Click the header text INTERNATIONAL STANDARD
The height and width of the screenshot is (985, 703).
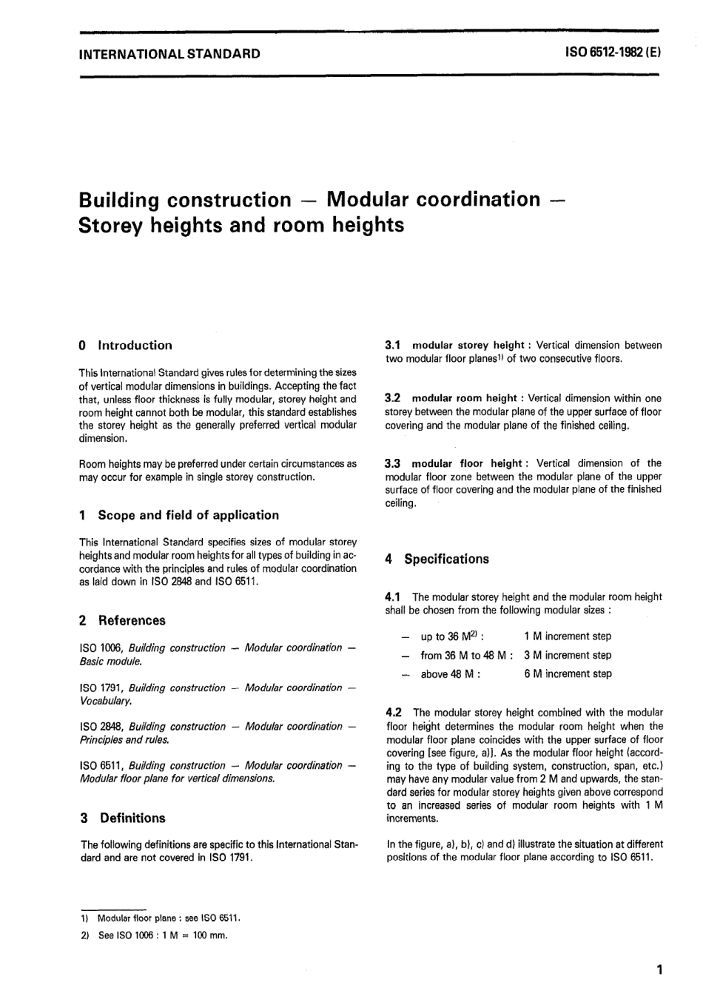tap(169, 53)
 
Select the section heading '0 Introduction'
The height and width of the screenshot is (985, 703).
tap(125, 346)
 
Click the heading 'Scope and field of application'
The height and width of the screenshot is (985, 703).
tap(188, 515)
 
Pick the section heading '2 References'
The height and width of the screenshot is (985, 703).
tap(122, 621)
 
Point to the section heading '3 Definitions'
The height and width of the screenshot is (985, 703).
tap(122, 818)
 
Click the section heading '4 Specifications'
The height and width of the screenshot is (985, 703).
tap(437, 559)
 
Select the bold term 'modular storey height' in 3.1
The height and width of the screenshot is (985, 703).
tap(468, 346)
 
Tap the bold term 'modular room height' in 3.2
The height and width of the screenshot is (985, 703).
tap(464, 398)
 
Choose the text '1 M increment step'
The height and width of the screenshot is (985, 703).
tap(567, 636)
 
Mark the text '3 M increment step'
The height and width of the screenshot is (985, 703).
tap(567, 656)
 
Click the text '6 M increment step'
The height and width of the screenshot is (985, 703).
tap(567, 674)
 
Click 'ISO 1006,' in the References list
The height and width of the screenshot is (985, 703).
tap(102, 648)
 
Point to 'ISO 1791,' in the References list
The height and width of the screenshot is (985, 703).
tap(102, 688)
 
